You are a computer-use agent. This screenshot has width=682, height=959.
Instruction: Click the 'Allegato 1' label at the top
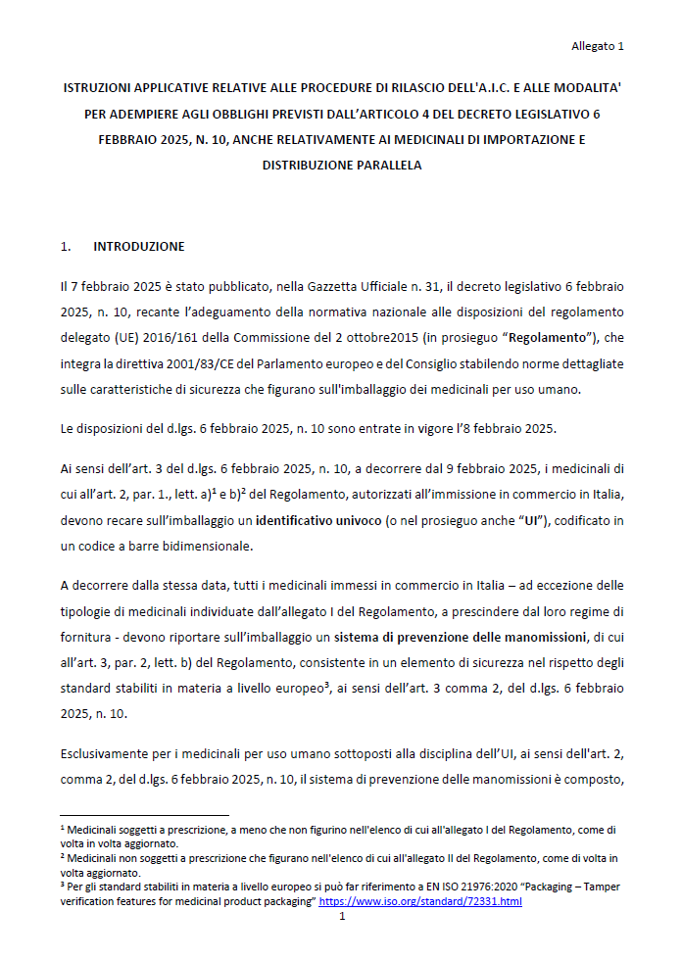[598, 46]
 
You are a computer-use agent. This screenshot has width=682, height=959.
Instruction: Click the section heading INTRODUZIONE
[138, 246]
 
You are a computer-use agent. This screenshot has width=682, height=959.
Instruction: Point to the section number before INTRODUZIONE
[66, 246]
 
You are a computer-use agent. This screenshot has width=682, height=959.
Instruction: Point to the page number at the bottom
[341, 917]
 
